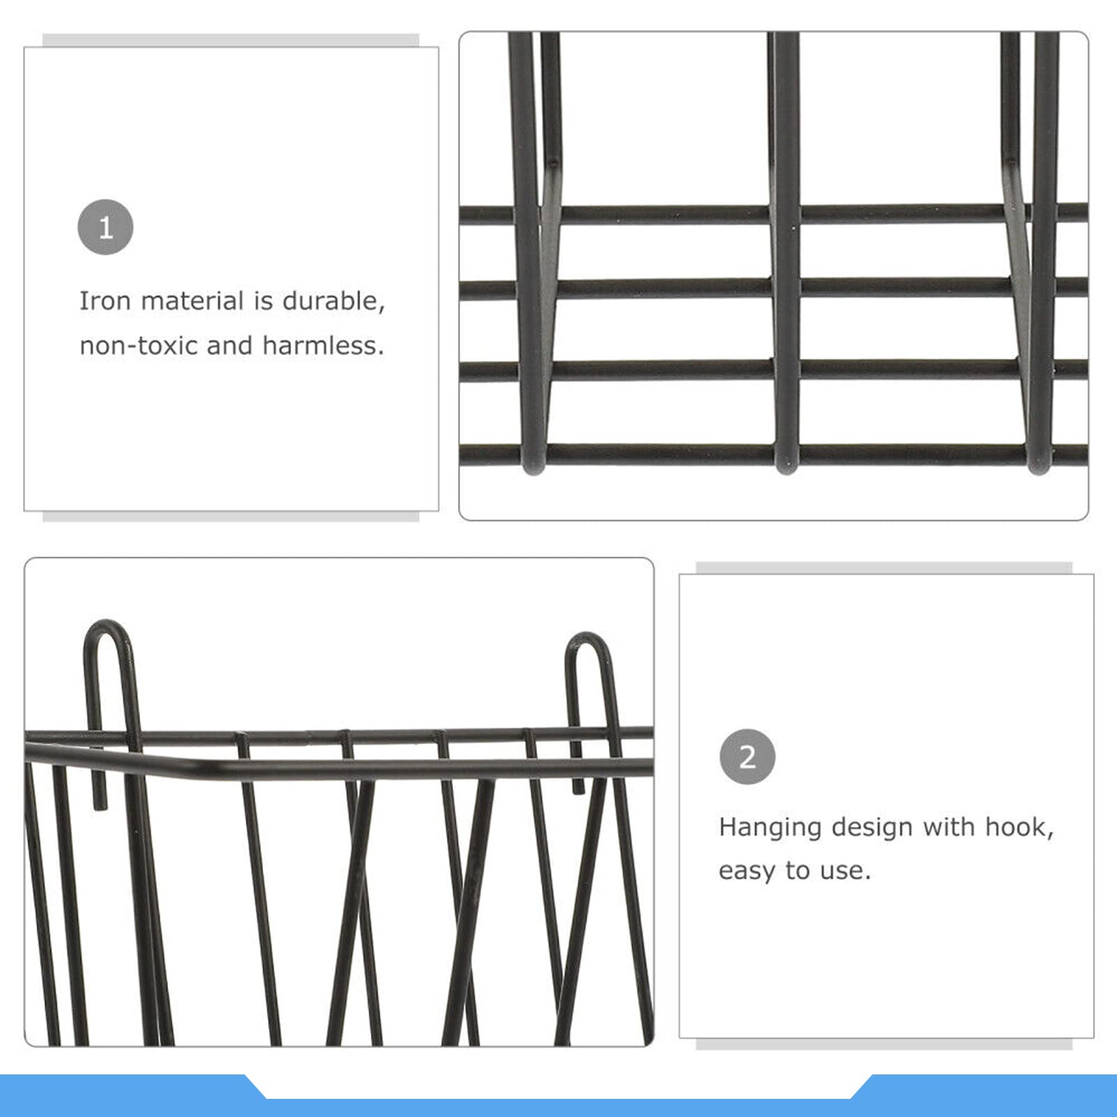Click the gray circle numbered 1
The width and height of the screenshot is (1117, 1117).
tap(105, 227)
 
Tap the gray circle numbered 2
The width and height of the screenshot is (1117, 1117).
tap(748, 757)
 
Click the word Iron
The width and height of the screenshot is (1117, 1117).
tap(104, 301)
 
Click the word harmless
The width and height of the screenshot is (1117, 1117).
tap(323, 345)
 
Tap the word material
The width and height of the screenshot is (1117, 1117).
tap(192, 301)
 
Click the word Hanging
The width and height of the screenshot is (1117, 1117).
tap(770, 828)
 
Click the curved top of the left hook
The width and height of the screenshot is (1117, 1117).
tap(107, 623)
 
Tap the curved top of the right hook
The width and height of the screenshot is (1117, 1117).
tap(586, 635)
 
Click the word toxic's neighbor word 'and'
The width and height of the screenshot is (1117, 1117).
tap(230, 345)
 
